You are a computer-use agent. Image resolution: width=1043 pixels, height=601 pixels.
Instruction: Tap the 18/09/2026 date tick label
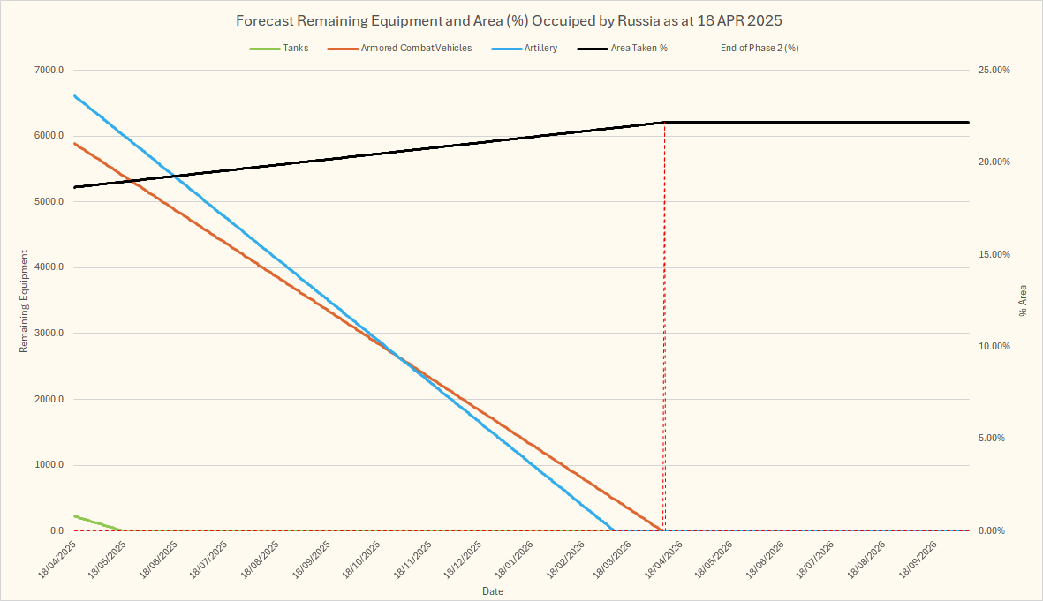[919, 560]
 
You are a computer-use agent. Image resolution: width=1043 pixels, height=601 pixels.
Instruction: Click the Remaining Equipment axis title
[24, 301]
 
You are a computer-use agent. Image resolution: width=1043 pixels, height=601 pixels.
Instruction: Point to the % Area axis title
[1024, 301]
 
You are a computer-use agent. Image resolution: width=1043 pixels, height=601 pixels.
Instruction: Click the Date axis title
[493, 590]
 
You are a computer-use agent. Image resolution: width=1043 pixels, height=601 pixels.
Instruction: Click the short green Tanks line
[97, 522]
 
